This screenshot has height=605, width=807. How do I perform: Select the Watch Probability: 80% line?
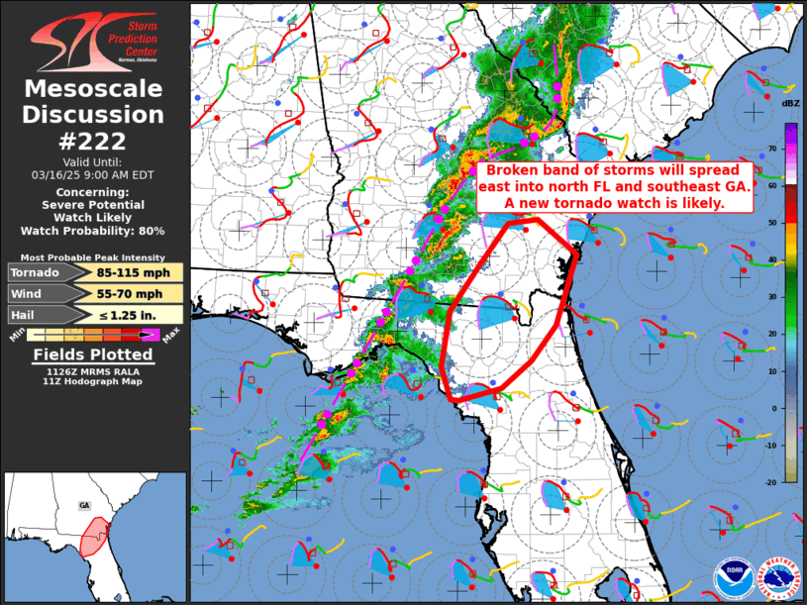pos(94,231)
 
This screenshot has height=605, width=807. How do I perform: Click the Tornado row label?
pos(36,272)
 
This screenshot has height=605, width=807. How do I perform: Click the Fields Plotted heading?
pos(93,354)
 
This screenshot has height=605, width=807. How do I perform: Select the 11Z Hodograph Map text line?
pos(93,381)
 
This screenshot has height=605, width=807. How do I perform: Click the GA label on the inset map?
pos(85,505)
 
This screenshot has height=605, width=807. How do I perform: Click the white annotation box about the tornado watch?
pos(614,186)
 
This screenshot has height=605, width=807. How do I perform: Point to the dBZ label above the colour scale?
pos(790,103)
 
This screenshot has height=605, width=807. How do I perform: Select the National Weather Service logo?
pos(777,575)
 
